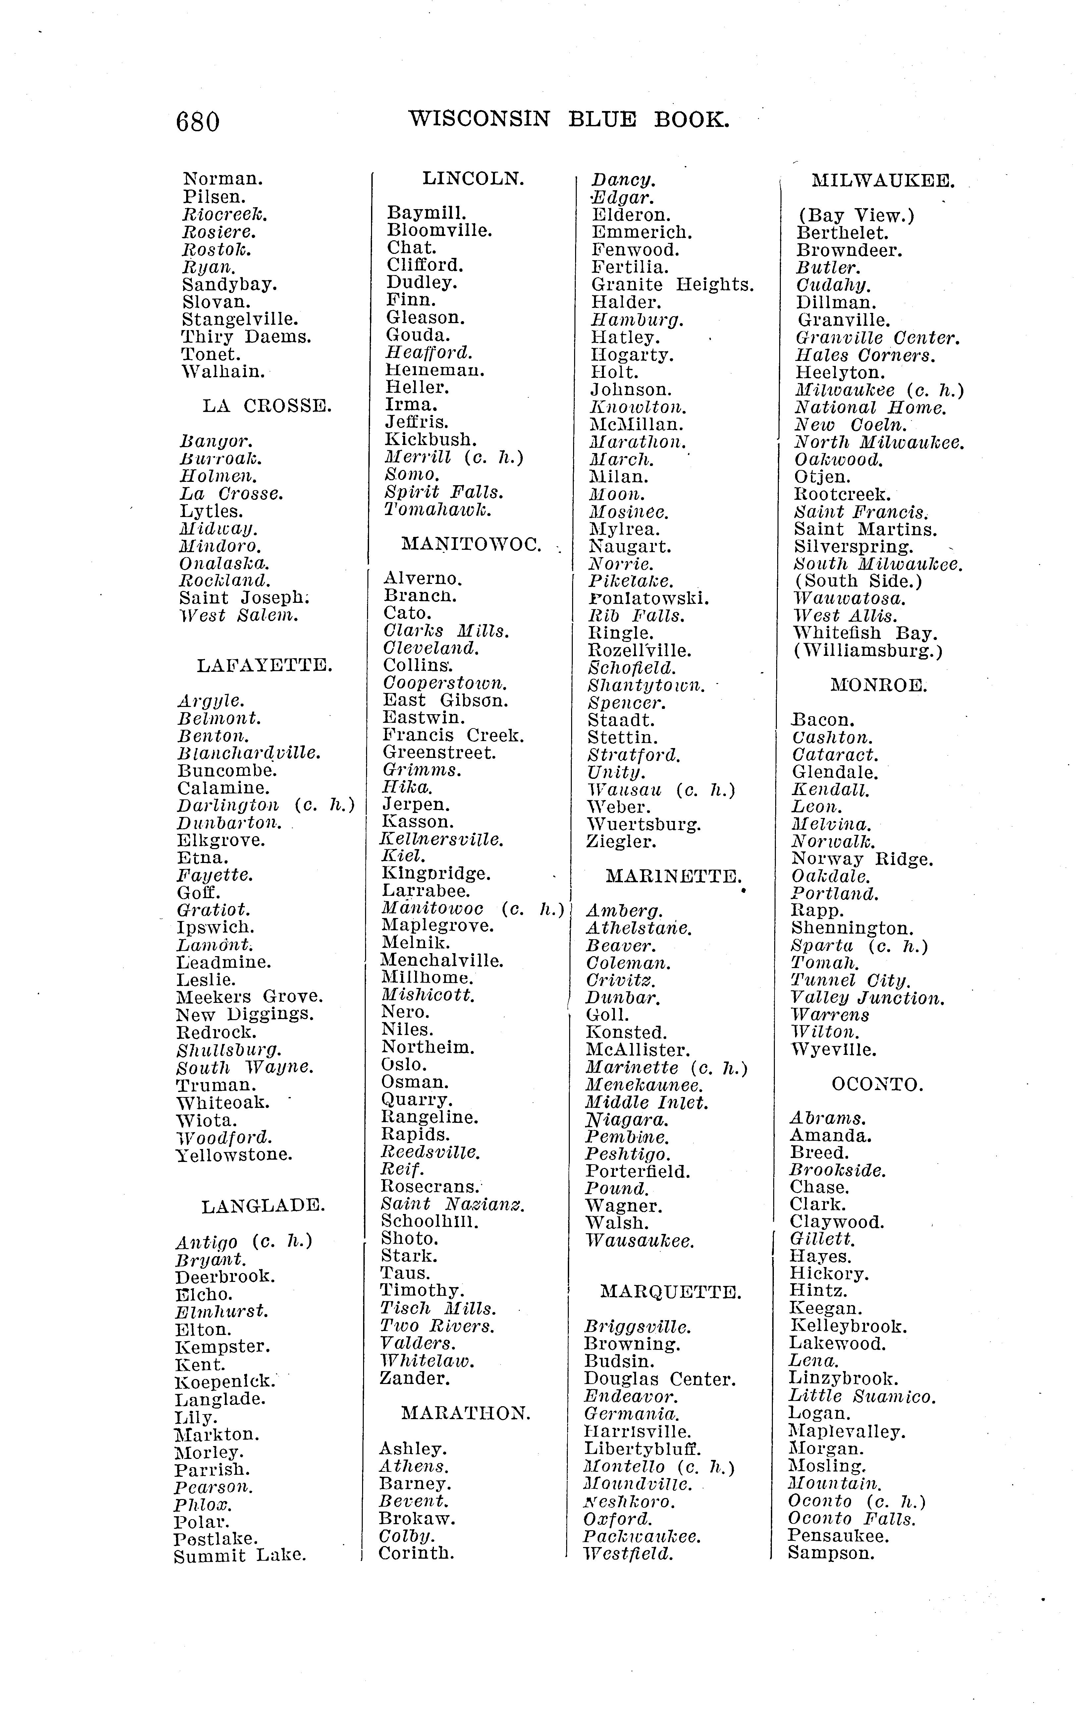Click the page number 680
(198, 122)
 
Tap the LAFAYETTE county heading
(265, 666)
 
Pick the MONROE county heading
(879, 686)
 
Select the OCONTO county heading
(878, 1085)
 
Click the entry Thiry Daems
(246, 337)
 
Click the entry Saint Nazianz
(453, 1204)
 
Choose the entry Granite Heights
(672, 285)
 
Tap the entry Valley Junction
(868, 998)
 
